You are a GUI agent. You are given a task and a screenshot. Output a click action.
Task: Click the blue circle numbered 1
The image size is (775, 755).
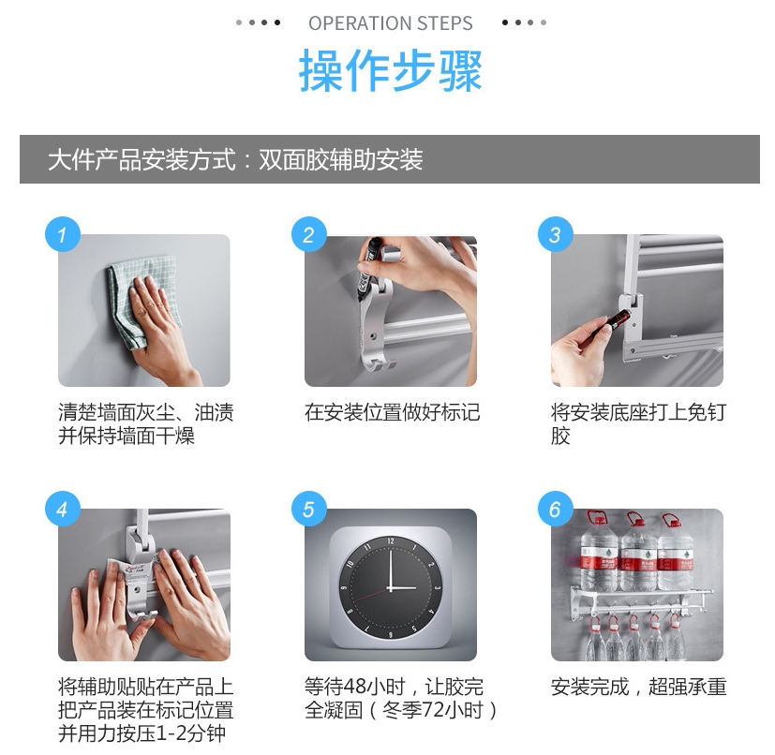pos(63,234)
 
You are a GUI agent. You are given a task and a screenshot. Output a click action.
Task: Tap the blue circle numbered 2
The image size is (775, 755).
pos(309,234)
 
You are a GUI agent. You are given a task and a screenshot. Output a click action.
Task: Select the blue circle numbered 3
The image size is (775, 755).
pos(556,234)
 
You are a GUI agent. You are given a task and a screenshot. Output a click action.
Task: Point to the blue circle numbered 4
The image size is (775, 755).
pos(63,509)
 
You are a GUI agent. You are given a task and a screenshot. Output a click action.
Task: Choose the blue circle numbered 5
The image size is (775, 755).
pos(309,509)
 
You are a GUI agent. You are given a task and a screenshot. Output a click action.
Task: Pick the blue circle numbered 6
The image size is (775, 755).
pos(556,509)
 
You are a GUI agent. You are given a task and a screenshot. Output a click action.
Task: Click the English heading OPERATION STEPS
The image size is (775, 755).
pos(391,23)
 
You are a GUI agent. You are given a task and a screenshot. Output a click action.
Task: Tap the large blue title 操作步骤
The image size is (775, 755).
pos(391,70)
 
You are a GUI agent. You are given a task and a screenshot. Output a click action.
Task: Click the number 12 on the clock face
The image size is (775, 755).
pos(391,541)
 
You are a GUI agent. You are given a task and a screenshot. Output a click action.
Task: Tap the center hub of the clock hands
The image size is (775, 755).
pos(390,588)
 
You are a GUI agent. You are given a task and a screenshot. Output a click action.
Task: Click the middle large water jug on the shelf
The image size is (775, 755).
pos(638,552)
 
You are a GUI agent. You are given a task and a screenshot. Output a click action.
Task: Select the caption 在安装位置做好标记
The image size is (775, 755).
pos(392,412)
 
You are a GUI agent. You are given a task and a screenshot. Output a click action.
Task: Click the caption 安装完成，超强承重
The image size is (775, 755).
pos(638,687)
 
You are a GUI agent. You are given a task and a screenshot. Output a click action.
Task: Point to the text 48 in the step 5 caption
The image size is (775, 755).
pos(355,687)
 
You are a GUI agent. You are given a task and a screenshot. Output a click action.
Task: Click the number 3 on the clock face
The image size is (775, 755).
pos(437,588)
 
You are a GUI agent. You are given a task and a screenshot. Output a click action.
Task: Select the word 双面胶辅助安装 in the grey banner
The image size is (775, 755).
pos(341,159)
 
